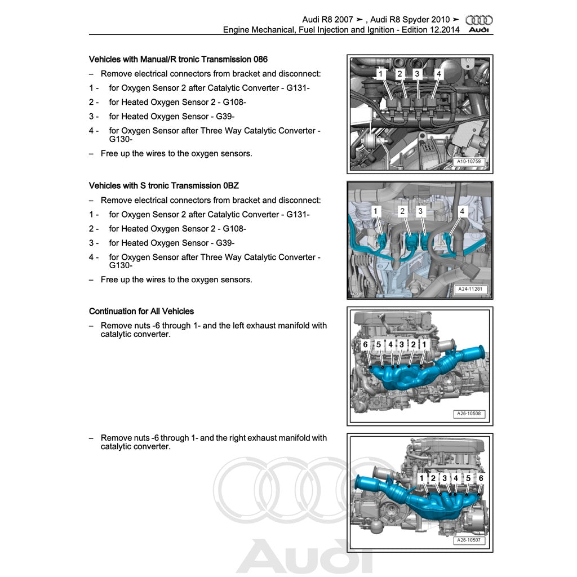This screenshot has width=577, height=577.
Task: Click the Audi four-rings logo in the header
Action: [x=480, y=20]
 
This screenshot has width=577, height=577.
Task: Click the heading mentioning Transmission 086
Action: [x=178, y=59]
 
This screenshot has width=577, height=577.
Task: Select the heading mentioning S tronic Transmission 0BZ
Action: [x=167, y=185]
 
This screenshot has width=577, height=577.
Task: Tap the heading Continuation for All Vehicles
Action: [x=141, y=311]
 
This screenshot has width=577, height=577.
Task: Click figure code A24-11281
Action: [x=470, y=290]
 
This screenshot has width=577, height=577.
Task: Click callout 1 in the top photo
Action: [x=380, y=74]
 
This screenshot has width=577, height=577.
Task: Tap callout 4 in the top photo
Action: [x=439, y=74]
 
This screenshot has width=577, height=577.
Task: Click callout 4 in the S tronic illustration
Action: [x=462, y=211]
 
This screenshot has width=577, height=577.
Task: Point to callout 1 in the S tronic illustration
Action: [x=376, y=211]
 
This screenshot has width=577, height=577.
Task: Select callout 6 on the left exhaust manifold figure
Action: [x=365, y=344]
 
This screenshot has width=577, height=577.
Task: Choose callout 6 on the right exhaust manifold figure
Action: [x=481, y=478]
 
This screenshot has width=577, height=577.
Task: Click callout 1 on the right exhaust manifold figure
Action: [x=421, y=478]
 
